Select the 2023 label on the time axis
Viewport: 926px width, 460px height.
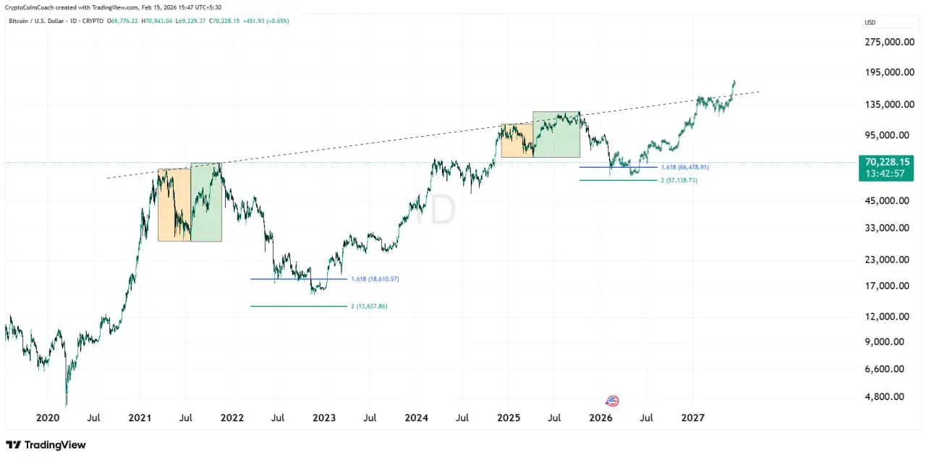point(323,417)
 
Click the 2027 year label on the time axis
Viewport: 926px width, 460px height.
point(692,417)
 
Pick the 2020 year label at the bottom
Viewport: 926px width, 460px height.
point(47,417)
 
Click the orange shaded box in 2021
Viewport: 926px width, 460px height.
point(174,205)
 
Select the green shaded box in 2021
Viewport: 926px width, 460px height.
point(206,203)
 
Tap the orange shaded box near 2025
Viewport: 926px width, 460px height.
point(517,140)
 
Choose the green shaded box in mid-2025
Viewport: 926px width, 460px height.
point(556,135)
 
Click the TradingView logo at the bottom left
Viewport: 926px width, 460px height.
point(46,445)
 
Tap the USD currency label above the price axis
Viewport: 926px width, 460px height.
point(870,22)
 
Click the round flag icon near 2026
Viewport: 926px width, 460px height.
point(612,401)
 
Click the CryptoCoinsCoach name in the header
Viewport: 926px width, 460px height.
point(29,7)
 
